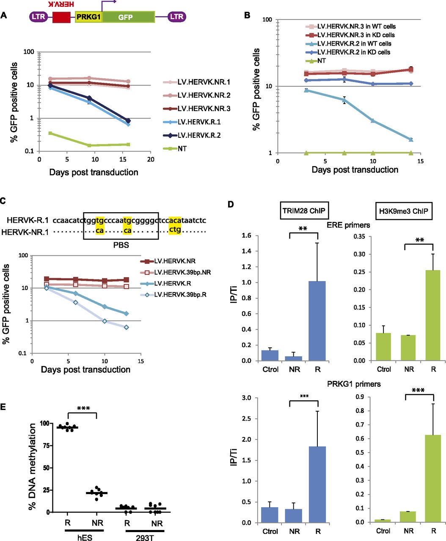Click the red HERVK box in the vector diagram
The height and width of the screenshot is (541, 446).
click(x=61, y=17)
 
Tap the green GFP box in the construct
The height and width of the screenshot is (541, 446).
click(x=129, y=17)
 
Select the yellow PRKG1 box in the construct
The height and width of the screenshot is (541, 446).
click(x=89, y=17)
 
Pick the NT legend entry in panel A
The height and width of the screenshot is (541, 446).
click(x=175, y=149)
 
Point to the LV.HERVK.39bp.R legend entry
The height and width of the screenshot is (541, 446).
click(x=173, y=295)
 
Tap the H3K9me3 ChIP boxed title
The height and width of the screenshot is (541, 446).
click(x=403, y=211)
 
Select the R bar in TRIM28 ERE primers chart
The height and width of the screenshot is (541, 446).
click(x=317, y=321)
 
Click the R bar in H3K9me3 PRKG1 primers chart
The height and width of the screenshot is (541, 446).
click(x=433, y=478)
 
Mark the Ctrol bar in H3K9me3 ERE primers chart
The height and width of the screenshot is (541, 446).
click(x=383, y=347)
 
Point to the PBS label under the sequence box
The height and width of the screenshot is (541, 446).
click(x=121, y=245)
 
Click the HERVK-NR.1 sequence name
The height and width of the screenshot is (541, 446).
click(x=25, y=232)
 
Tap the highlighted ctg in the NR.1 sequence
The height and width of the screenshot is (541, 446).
click(x=175, y=230)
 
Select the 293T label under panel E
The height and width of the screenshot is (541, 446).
click(x=145, y=537)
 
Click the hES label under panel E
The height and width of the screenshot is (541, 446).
click(x=85, y=537)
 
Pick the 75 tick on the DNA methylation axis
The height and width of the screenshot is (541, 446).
click(x=47, y=445)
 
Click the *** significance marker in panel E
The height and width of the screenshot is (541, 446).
click(x=83, y=409)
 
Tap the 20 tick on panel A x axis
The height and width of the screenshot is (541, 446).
click(x=151, y=159)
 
